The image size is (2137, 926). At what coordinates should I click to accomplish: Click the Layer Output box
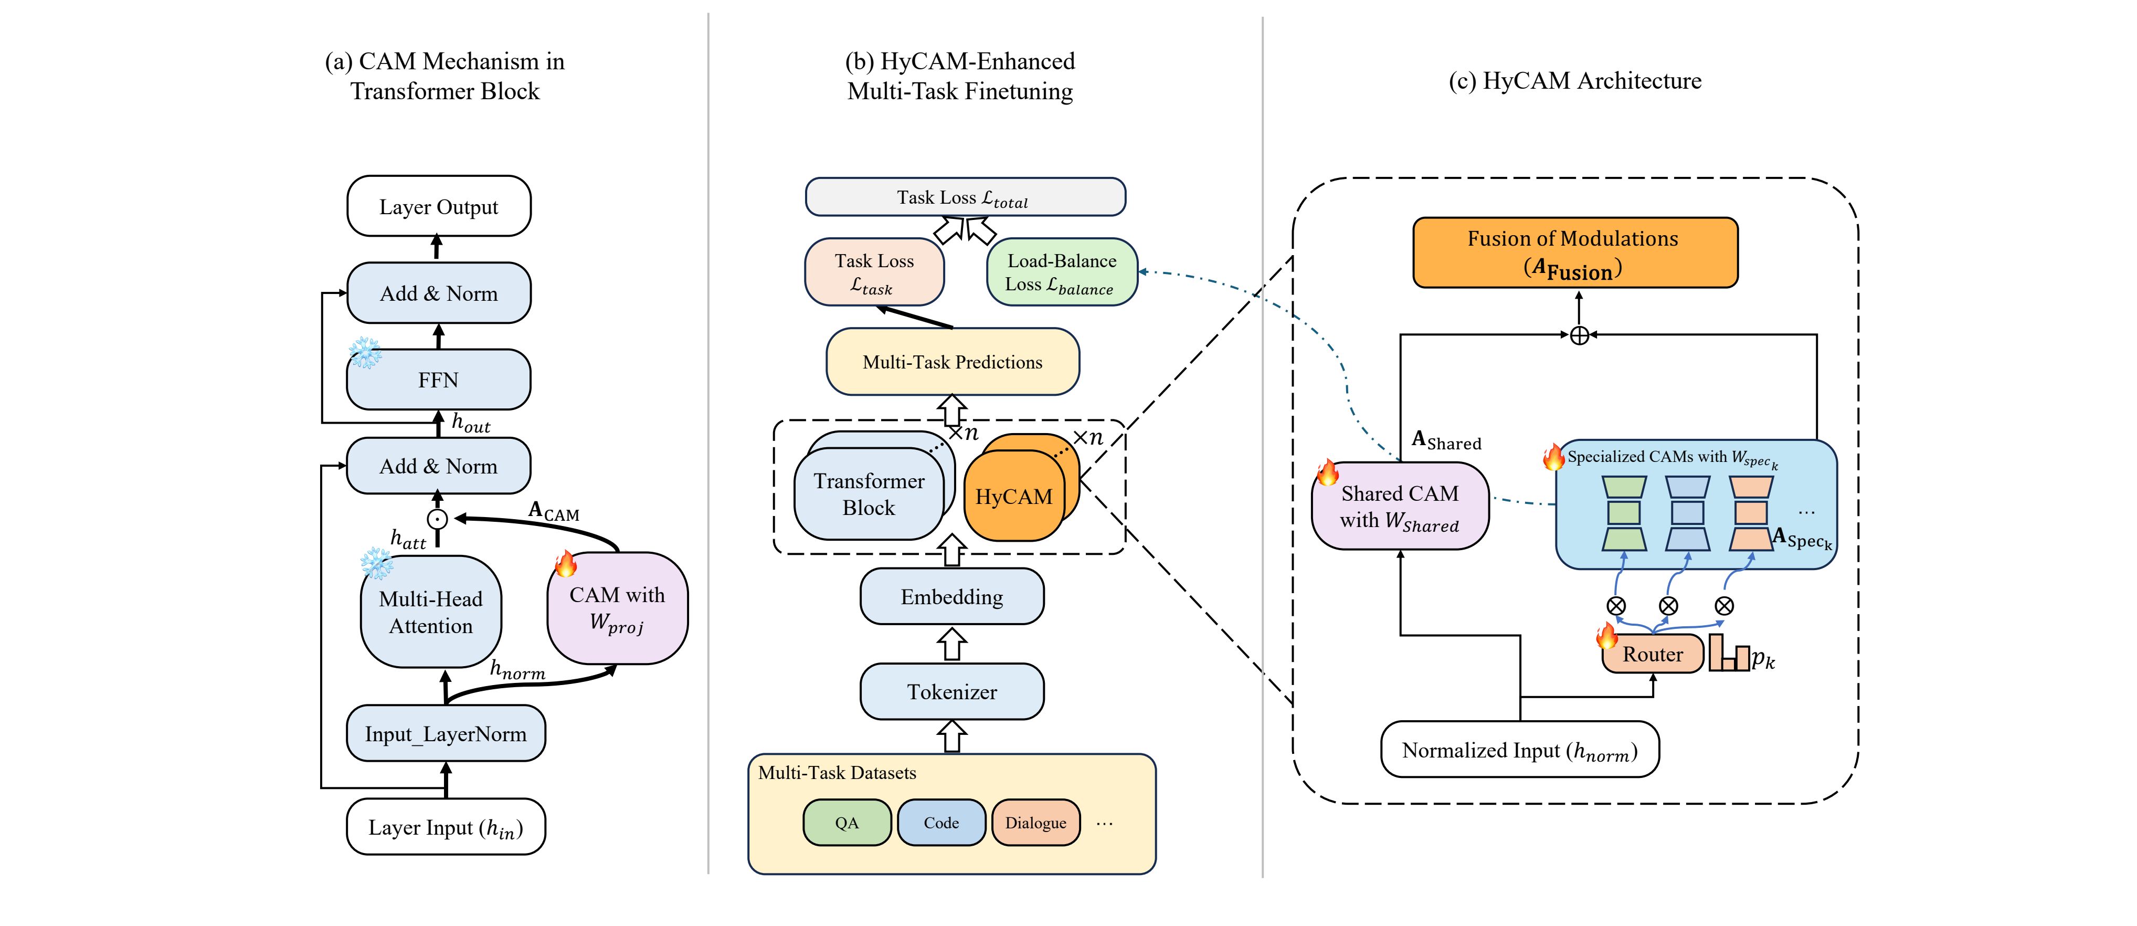tap(438, 207)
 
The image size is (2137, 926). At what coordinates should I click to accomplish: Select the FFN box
tap(438, 380)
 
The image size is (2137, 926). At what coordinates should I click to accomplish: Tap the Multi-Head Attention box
tap(430, 613)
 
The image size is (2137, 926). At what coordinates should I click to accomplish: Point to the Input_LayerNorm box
tap(446, 733)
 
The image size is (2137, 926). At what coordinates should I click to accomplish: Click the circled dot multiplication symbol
tap(437, 519)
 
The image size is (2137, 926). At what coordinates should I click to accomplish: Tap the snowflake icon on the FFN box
tap(365, 353)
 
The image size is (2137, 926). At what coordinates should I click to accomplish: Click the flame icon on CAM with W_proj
tap(566, 564)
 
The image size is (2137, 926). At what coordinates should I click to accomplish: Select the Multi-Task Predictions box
tap(953, 362)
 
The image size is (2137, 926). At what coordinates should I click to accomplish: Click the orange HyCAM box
tap(1014, 496)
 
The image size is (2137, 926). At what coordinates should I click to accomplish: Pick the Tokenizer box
tap(951, 692)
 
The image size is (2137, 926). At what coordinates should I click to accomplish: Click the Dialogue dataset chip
tap(1035, 822)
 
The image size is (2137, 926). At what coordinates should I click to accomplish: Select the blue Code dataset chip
tap(941, 822)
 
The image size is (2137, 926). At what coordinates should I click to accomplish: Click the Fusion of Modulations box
tap(1574, 253)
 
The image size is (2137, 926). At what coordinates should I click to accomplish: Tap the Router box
tap(1653, 654)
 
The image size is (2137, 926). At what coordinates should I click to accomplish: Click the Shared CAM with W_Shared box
tap(1400, 506)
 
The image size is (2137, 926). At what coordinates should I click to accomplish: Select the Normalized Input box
tap(1519, 750)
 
